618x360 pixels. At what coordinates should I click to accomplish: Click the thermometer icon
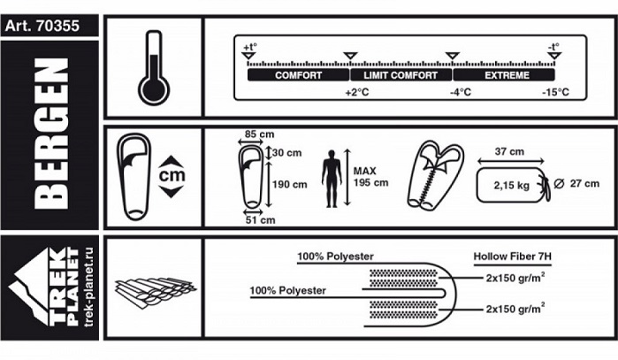(153, 69)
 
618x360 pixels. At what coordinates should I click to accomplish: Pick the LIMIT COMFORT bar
(401, 76)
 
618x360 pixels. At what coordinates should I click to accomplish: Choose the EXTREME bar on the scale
(507, 76)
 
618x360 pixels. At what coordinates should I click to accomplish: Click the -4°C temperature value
(460, 93)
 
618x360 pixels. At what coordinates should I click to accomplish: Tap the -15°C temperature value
(555, 93)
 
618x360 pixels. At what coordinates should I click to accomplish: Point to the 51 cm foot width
(262, 219)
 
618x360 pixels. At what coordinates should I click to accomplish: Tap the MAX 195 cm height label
(370, 177)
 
